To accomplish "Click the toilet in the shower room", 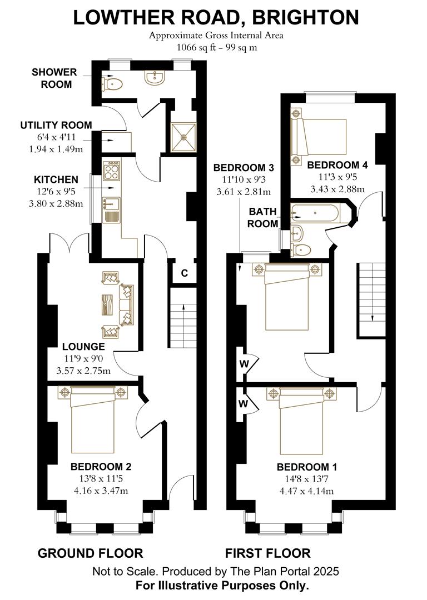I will point(112,84).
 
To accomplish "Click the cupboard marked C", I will point(183,273).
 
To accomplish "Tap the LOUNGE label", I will point(83,347).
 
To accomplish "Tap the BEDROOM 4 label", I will point(337,165).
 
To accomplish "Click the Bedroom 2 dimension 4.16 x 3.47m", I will point(101,491).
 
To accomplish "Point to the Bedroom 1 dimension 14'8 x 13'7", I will point(306,479).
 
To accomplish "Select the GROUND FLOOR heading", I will point(90,553).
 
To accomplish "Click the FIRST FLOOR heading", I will point(267,553).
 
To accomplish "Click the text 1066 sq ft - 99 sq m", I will point(216,47).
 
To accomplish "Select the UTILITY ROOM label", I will point(56,125).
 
